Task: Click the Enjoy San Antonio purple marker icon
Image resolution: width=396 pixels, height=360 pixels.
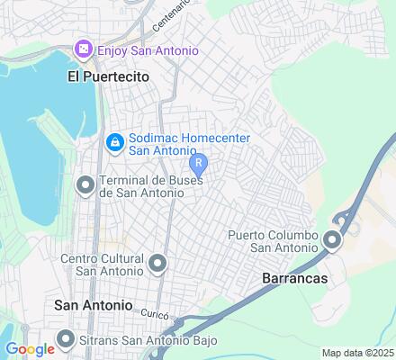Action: point(84,49)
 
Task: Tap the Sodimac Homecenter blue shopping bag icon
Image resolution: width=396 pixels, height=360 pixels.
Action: point(114,143)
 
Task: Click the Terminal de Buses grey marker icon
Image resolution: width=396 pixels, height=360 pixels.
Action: point(85,186)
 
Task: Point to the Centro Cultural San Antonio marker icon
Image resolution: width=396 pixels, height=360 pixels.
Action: point(157,264)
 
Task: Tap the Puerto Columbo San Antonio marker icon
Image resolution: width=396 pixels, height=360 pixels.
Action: point(332,239)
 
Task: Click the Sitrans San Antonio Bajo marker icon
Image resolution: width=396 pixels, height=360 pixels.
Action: point(66,339)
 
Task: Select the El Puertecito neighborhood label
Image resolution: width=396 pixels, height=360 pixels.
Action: point(108,77)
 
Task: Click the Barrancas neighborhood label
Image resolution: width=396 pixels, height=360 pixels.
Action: point(294,279)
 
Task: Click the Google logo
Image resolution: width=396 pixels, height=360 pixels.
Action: point(29,349)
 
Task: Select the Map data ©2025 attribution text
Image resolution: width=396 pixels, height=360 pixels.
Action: point(357,352)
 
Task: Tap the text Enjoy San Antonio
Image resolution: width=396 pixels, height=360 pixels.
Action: point(148,49)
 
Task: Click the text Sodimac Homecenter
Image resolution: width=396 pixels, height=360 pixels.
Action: point(188,137)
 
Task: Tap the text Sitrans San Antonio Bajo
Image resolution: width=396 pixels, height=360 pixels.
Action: point(136,339)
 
